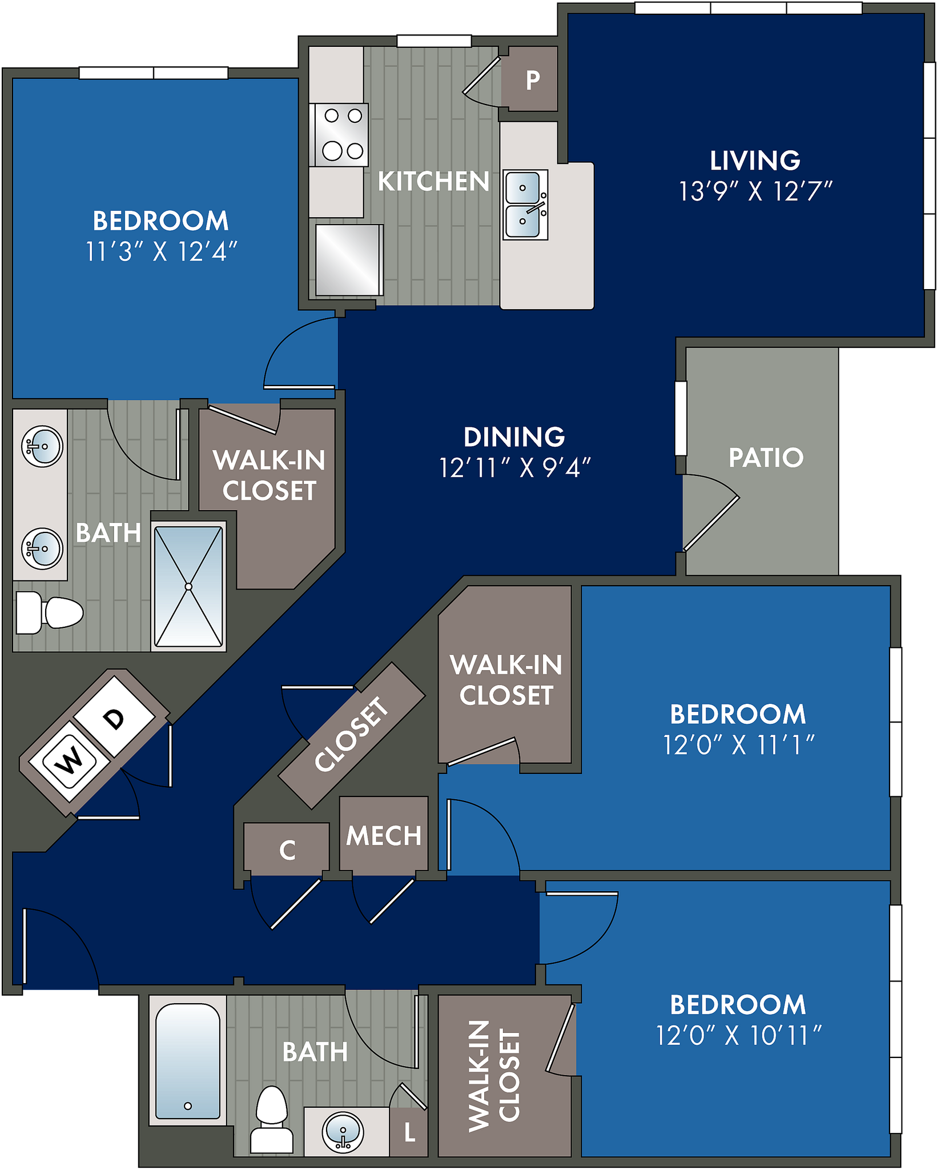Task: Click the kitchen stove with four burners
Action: tap(341, 135)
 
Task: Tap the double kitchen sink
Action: tap(525, 205)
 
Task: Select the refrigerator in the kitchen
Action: tap(348, 260)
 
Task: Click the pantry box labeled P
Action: tap(532, 80)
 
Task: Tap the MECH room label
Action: tap(384, 836)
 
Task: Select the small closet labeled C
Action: tap(287, 850)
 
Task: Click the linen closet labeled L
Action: tap(409, 1132)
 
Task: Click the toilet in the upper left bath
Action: tap(51, 613)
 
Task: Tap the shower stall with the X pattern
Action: tap(188, 586)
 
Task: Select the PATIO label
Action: tap(766, 458)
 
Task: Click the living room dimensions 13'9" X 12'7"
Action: tap(755, 191)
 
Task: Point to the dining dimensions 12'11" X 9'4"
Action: tap(514, 468)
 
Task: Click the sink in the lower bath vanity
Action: tap(343, 1131)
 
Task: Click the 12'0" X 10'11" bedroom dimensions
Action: tap(738, 1036)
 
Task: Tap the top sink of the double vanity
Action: tap(42, 446)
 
